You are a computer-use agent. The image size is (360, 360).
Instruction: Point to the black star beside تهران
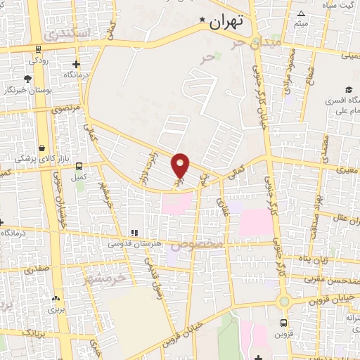tap(202, 20)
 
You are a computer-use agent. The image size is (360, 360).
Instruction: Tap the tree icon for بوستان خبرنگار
tap(27, 79)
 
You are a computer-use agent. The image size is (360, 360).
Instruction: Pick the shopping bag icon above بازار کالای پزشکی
tap(44, 148)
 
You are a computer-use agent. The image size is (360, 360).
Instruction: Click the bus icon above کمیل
tap(78, 167)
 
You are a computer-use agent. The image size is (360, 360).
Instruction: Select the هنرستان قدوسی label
tap(134, 243)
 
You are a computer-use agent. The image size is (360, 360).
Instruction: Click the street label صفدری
tap(37, 269)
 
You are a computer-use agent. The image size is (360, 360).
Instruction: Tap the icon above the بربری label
tap(55, 297)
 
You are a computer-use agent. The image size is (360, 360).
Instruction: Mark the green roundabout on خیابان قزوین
tap(283, 302)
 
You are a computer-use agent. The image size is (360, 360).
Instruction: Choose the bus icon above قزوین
tap(283, 323)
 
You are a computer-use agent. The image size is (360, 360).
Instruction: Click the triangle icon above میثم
tap(301, 14)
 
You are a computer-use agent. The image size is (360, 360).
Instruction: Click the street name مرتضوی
tap(65, 110)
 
